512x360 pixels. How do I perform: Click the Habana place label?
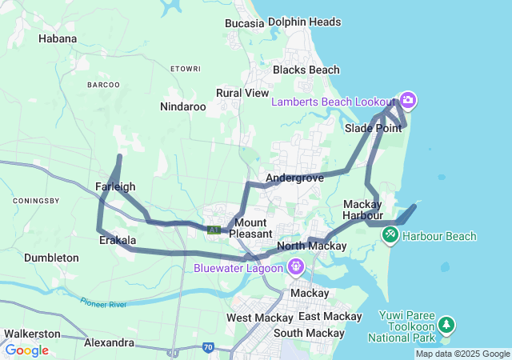click(58, 38)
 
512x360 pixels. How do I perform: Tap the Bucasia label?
click(244, 23)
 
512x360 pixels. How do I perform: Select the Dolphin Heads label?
click(305, 22)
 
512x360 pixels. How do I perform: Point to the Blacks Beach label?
click(306, 70)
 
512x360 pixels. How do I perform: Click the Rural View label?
click(242, 93)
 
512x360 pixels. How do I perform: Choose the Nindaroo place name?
click(182, 106)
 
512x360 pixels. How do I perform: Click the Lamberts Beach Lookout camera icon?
click(408, 100)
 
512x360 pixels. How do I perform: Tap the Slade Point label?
click(374, 128)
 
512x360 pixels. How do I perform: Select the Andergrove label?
click(294, 178)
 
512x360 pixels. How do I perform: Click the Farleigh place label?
click(115, 186)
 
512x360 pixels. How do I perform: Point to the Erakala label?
click(117, 240)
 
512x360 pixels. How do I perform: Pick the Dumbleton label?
click(51, 258)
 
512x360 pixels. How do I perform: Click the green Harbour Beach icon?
click(390, 235)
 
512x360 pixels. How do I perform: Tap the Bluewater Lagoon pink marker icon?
click(296, 266)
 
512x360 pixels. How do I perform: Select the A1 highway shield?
click(214, 230)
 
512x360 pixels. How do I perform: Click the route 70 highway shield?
click(207, 347)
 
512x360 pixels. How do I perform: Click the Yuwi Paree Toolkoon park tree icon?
click(446, 325)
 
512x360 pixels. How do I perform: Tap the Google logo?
click(26, 350)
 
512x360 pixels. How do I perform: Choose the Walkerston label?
click(31, 333)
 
